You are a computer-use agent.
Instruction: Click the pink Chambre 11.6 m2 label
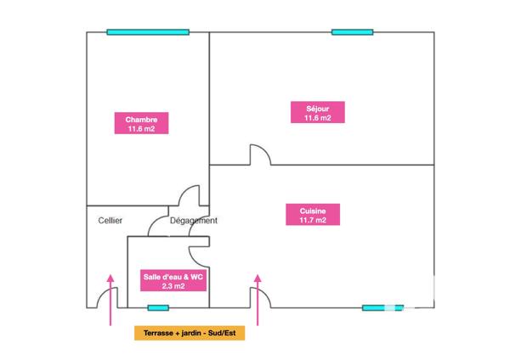tap(141, 123)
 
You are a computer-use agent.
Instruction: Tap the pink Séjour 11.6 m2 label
tap(318, 112)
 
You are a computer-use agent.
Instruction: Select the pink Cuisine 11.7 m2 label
tap(313, 215)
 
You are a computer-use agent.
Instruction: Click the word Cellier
tap(110, 221)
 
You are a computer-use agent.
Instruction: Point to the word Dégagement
tap(194, 221)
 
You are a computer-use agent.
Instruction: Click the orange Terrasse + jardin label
tap(190, 333)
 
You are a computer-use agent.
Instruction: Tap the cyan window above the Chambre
tap(148, 32)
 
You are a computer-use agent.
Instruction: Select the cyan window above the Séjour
tap(352, 32)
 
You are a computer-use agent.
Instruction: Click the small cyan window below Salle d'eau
tap(158, 307)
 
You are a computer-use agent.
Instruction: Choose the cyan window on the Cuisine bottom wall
tap(382, 307)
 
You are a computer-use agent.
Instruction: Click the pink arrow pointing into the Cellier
tap(110, 300)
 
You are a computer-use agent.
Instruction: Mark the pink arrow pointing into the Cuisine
tap(258, 300)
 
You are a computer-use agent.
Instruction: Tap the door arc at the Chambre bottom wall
tap(184, 191)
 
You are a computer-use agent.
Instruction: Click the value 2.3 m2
tap(173, 286)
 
